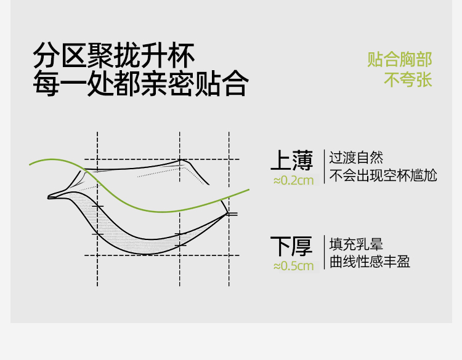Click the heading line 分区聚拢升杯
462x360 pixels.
pos(114,57)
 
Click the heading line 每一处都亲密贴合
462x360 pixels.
pos(140,84)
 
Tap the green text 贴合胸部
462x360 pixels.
pos(400,60)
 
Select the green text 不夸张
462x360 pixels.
pos(408,81)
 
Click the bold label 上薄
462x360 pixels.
pos(292,161)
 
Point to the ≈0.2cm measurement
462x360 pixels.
pos(293,180)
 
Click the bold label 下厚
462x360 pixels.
pos(292,246)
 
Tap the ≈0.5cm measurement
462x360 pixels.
pos(293,266)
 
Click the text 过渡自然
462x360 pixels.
pos(356,157)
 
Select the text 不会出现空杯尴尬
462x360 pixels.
pos(383,175)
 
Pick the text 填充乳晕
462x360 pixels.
pos(356,243)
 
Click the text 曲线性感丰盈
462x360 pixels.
pos(370,262)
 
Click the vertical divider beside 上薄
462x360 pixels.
pos(324,166)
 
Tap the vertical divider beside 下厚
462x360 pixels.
pos(324,252)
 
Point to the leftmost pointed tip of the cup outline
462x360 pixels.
pos(50,198)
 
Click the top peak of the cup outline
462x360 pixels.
pos(182,161)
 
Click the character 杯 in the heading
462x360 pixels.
pos(182,57)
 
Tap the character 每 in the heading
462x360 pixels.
pos(46,84)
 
